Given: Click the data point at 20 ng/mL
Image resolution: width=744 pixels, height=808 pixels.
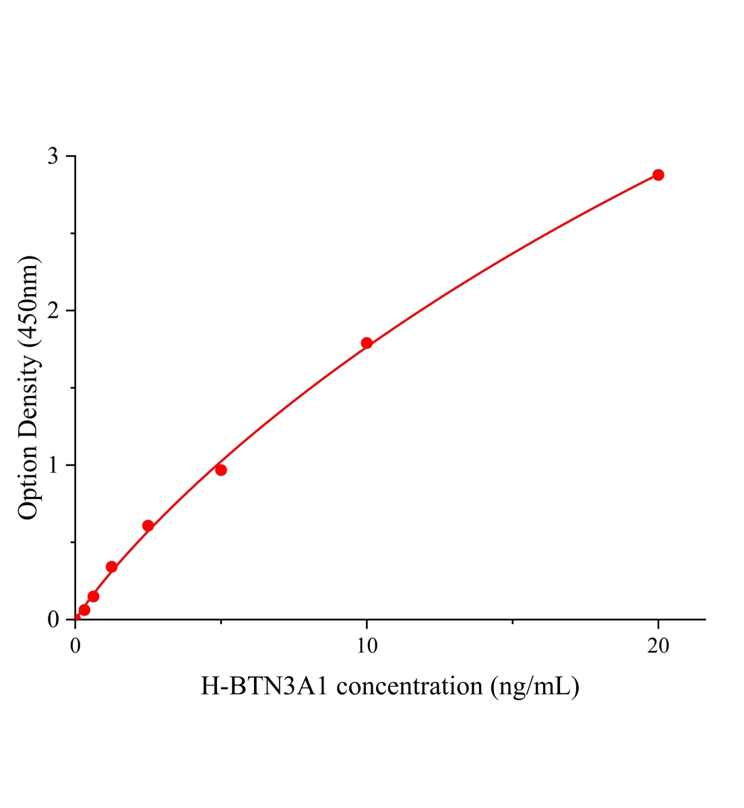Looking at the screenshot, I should click(658, 175).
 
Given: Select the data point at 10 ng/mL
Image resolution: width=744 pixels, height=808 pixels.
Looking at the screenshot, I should click(367, 343).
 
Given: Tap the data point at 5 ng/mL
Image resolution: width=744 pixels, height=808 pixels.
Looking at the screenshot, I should click(221, 470).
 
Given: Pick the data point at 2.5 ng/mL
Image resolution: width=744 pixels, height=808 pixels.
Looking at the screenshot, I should click(148, 526).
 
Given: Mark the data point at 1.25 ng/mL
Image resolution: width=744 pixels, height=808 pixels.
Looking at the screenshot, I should click(112, 567).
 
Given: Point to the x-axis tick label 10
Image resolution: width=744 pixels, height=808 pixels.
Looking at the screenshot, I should click(367, 646).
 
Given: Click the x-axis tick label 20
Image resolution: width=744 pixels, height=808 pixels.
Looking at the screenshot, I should click(658, 646).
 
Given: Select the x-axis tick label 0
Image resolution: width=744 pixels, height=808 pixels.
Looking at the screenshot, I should click(75, 646).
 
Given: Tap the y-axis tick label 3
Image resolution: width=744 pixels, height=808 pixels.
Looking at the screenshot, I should click(53, 156).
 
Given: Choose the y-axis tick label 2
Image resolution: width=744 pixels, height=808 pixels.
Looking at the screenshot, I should click(53, 310).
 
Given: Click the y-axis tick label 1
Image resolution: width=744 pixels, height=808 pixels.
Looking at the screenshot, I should click(53, 465).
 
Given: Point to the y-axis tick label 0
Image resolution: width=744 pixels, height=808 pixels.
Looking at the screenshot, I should click(53, 619).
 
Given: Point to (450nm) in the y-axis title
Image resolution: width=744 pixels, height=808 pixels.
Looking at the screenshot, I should click(28, 302).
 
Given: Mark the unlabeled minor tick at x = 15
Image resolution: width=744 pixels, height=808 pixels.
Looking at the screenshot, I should click(512, 621).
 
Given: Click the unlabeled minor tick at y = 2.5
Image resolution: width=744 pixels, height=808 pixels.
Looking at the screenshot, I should click(73, 234).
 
